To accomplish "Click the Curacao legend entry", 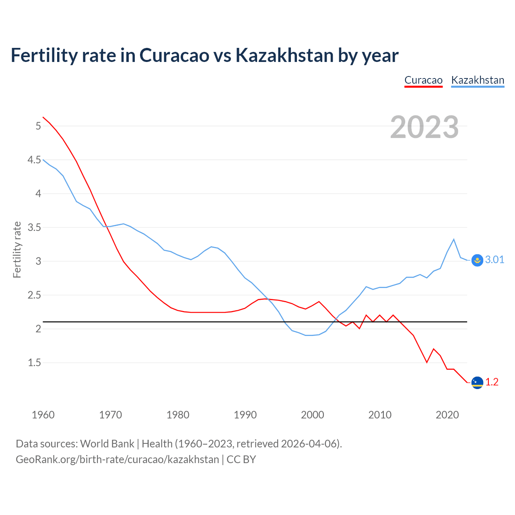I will point(423,80).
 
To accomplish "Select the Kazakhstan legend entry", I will point(478,80).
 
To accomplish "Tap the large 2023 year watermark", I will point(424,127).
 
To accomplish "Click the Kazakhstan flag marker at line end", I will point(477,260).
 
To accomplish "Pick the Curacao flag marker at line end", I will point(477,382).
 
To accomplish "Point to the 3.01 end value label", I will point(494,260).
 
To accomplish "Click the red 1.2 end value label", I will point(492,382).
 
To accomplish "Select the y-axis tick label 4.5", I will point(34,160).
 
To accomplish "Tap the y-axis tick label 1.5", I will point(34,363).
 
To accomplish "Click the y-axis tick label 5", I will point(38,126).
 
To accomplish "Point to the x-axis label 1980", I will point(178,415).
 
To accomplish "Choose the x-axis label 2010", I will point(380,415).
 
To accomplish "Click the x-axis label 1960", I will point(43,415).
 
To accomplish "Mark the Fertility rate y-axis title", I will point(17,249).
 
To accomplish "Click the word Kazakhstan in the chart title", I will point(284,56).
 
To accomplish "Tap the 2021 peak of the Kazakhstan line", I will point(454,239).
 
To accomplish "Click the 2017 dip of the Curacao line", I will point(427,363).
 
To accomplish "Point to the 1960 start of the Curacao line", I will point(43,117).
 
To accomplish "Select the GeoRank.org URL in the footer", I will point(117,459).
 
